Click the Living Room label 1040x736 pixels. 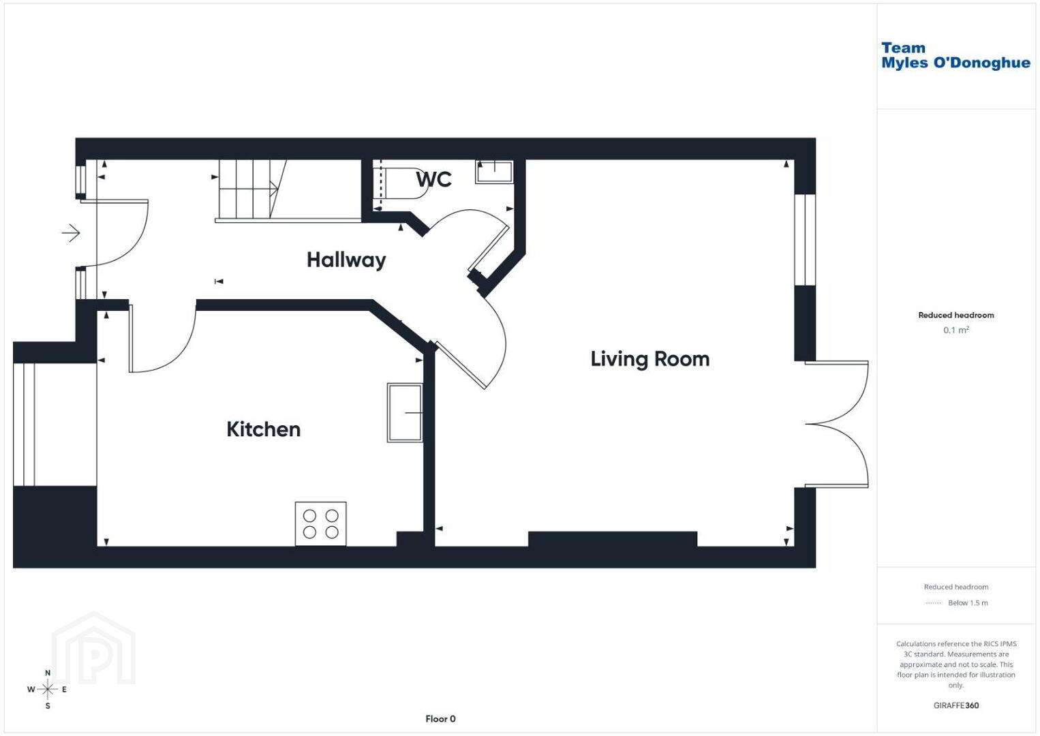pyautogui.click(x=650, y=359)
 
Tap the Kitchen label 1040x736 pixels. pyautogui.click(x=263, y=429)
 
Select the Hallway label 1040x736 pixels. pyautogui.click(x=346, y=260)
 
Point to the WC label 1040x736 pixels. pyautogui.click(x=433, y=179)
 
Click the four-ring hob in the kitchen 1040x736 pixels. pyautogui.click(x=321, y=524)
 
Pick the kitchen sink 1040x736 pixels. pyautogui.click(x=405, y=412)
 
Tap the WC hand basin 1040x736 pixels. pyautogui.click(x=494, y=171)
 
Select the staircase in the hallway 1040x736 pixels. pyautogui.click(x=288, y=190)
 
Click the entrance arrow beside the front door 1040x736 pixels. pyautogui.click(x=71, y=232)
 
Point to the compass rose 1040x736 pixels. pyautogui.click(x=47, y=689)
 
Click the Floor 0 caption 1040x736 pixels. pyautogui.click(x=440, y=719)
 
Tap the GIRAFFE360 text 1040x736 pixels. pyautogui.click(x=956, y=705)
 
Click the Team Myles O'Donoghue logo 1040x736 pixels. pyautogui.click(x=955, y=55)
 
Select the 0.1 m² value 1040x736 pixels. pyautogui.click(x=956, y=330)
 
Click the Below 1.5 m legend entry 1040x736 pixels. pyautogui.click(x=956, y=602)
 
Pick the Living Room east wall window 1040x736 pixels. pyautogui.click(x=805, y=240)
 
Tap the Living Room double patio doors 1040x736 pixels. pyautogui.click(x=836, y=424)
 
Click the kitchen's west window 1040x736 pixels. pyautogui.click(x=24, y=425)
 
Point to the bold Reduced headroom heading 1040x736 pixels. pyautogui.click(x=956, y=315)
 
